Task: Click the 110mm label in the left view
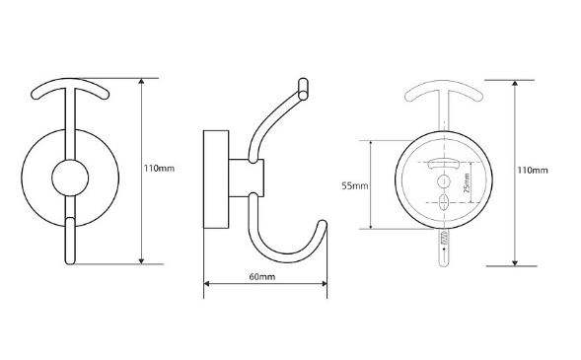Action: (x=159, y=169)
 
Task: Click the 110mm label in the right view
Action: (x=533, y=171)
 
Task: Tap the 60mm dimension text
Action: (x=262, y=277)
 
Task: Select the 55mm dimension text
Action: (x=354, y=185)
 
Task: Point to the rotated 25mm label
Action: (x=467, y=183)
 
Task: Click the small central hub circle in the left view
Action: (x=70, y=178)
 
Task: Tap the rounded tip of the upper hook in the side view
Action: (x=303, y=89)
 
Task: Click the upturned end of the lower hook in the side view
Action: (x=323, y=225)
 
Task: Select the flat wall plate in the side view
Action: (x=216, y=180)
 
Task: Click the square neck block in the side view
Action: (x=247, y=179)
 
